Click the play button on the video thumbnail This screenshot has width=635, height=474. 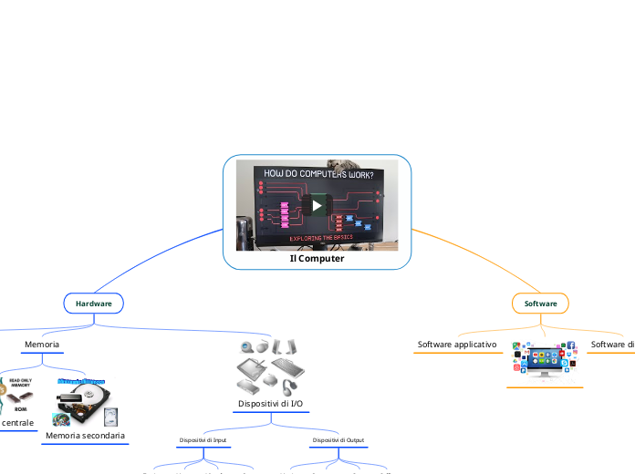click(317, 205)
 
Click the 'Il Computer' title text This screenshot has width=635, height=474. click(317, 258)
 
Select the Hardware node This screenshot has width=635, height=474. click(93, 303)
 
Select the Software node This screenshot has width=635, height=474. click(540, 303)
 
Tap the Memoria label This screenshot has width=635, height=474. click(42, 345)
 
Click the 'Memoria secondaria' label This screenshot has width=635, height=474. click(85, 436)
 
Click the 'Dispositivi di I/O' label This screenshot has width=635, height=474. click(271, 403)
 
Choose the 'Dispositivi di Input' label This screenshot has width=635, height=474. click(203, 440)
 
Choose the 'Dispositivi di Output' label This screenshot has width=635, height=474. click(338, 440)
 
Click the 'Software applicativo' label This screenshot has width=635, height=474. click(457, 345)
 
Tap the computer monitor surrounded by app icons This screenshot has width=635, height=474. click(545, 362)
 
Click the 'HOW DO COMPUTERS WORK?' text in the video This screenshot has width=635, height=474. click(318, 174)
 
